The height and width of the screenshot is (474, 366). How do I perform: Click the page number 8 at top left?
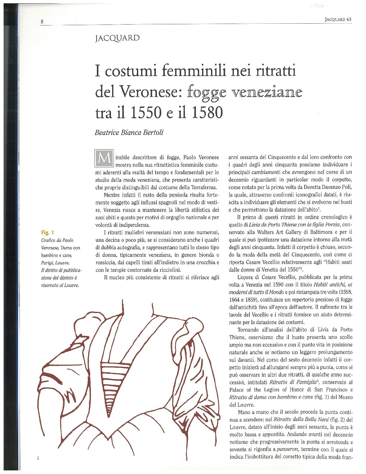coord(42,21)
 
